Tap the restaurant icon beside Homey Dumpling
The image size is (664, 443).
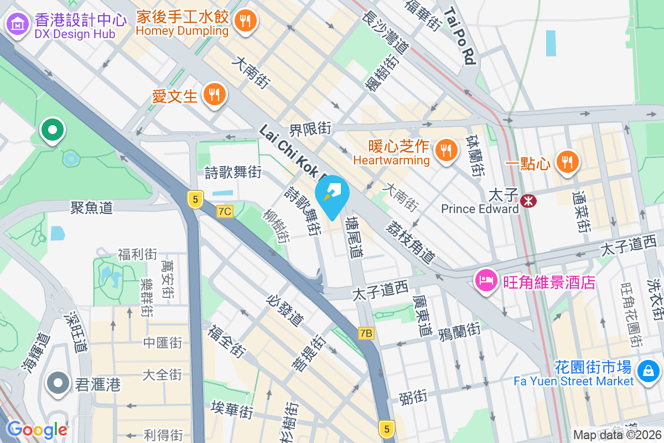[244, 22]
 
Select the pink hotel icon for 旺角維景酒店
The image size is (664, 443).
[486, 281]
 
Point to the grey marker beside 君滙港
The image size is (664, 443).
[58, 383]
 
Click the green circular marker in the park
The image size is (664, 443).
[53, 131]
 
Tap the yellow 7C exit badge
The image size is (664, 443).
[225, 211]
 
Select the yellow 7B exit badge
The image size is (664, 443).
[366, 333]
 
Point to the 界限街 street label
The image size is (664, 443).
[310, 129]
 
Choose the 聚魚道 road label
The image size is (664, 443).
[92, 208]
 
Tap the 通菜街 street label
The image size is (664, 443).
[581, 212]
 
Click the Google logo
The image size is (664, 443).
[37, 429]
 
